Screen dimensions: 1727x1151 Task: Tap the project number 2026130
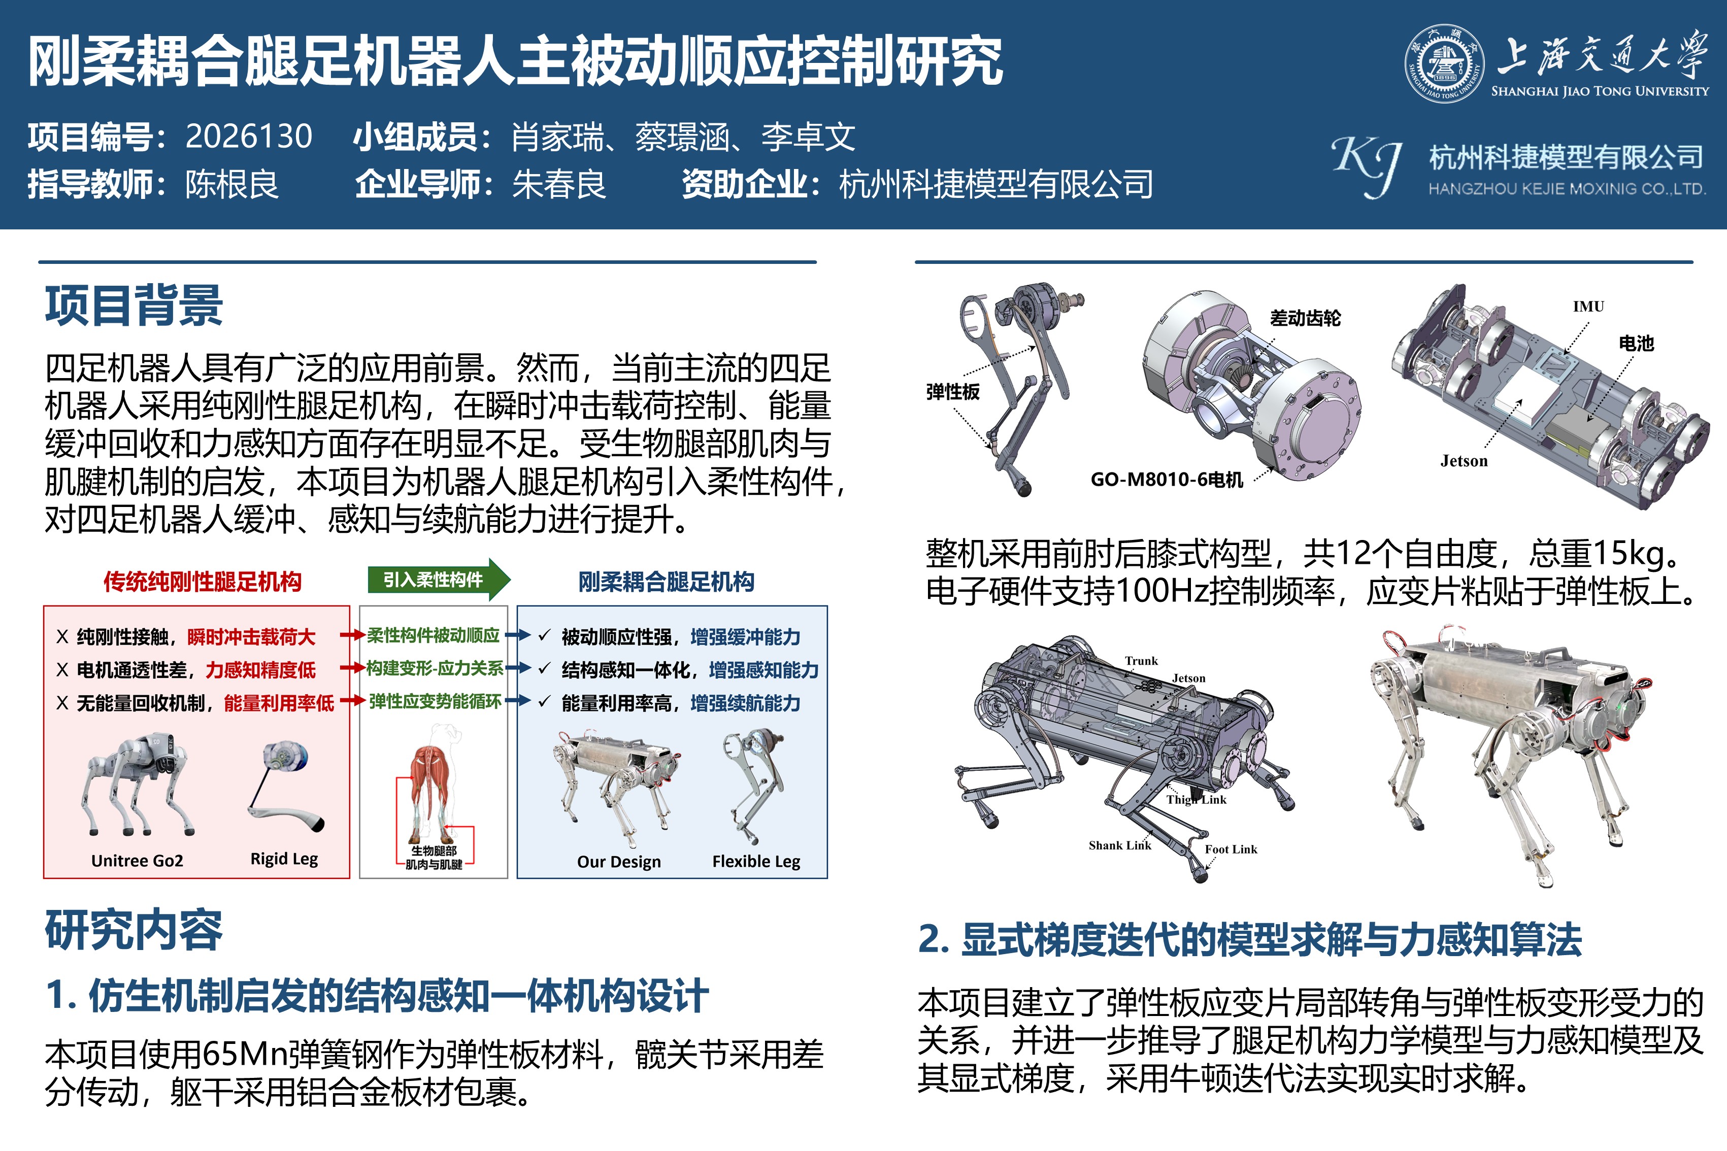[x=249, y=137]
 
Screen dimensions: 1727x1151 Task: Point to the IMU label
[x=1588, y=306]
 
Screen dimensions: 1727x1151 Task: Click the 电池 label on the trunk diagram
[x=1636, y=343]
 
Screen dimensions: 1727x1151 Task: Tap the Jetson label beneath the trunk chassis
[x=1464, y=461]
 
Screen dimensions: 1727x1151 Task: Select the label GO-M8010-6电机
[x=1167, y=480]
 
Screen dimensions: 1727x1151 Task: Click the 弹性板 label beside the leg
[x=952, y=391]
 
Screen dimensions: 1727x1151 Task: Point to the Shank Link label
[x=1120, y=845]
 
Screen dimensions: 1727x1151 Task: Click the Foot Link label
[x=1231, y=849]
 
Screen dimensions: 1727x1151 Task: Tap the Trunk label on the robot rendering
[x=1141, y=661]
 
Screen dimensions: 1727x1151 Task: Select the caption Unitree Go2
[x=137, y=860]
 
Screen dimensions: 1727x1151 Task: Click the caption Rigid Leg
[x=284, y=859]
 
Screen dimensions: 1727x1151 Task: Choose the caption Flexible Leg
[x=756, y=861]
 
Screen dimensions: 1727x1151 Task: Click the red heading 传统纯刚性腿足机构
[x=202, y=582]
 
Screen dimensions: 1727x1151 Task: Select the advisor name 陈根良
[x=232, y=184]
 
